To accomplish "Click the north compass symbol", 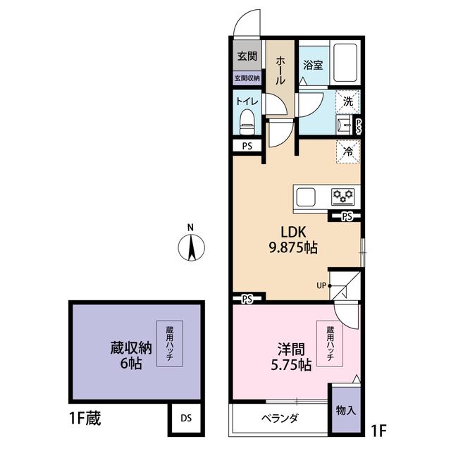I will [191, 246].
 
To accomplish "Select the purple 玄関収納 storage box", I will [247, 78].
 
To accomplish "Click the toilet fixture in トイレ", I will [247, 123].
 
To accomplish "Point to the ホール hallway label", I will [280, 71].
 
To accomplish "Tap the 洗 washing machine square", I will [347, 101].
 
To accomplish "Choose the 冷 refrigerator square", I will [347, 151].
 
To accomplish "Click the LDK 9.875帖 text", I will [291, 240].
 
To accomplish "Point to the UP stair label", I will [321, 285].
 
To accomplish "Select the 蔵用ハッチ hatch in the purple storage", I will [170, 343].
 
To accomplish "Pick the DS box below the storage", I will [185, 417].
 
